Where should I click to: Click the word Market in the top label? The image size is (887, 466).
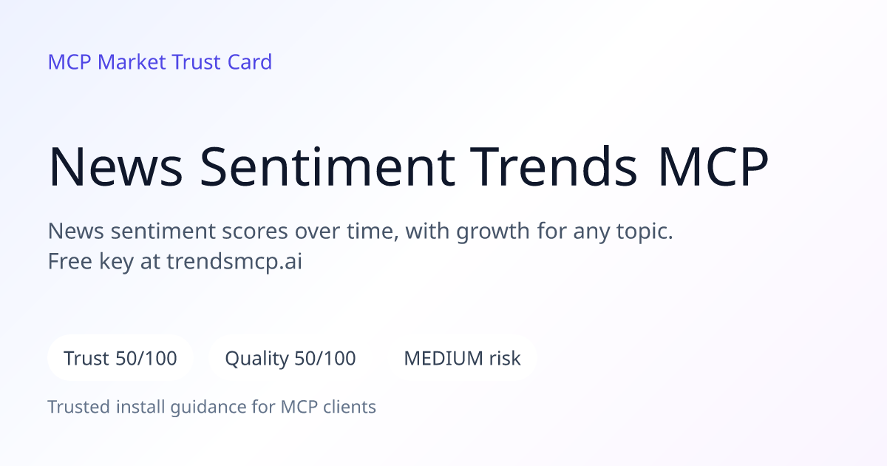point(132,62)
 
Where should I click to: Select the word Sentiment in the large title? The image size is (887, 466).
point(327,166)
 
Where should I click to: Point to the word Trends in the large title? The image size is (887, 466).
point(553,166)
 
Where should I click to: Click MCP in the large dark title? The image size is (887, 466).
point(713,166)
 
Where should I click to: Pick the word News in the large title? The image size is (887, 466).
point(115,166)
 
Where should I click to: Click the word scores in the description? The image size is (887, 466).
point(254,231)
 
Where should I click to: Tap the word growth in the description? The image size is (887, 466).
point(492,232)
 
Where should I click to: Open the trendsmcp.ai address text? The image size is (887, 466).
point(234,263)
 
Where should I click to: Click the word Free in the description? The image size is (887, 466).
point(70,261)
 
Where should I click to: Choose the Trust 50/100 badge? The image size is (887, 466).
point(120,358)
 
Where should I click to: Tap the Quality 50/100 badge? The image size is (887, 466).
point(290,358)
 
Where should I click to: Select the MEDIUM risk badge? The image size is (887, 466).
point(462,358)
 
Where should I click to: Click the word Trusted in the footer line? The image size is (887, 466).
point(79,407)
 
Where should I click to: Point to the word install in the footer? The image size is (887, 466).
point(140,407)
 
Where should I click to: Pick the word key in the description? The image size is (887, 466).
point(117,263)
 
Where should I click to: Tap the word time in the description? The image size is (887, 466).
point(370,232)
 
